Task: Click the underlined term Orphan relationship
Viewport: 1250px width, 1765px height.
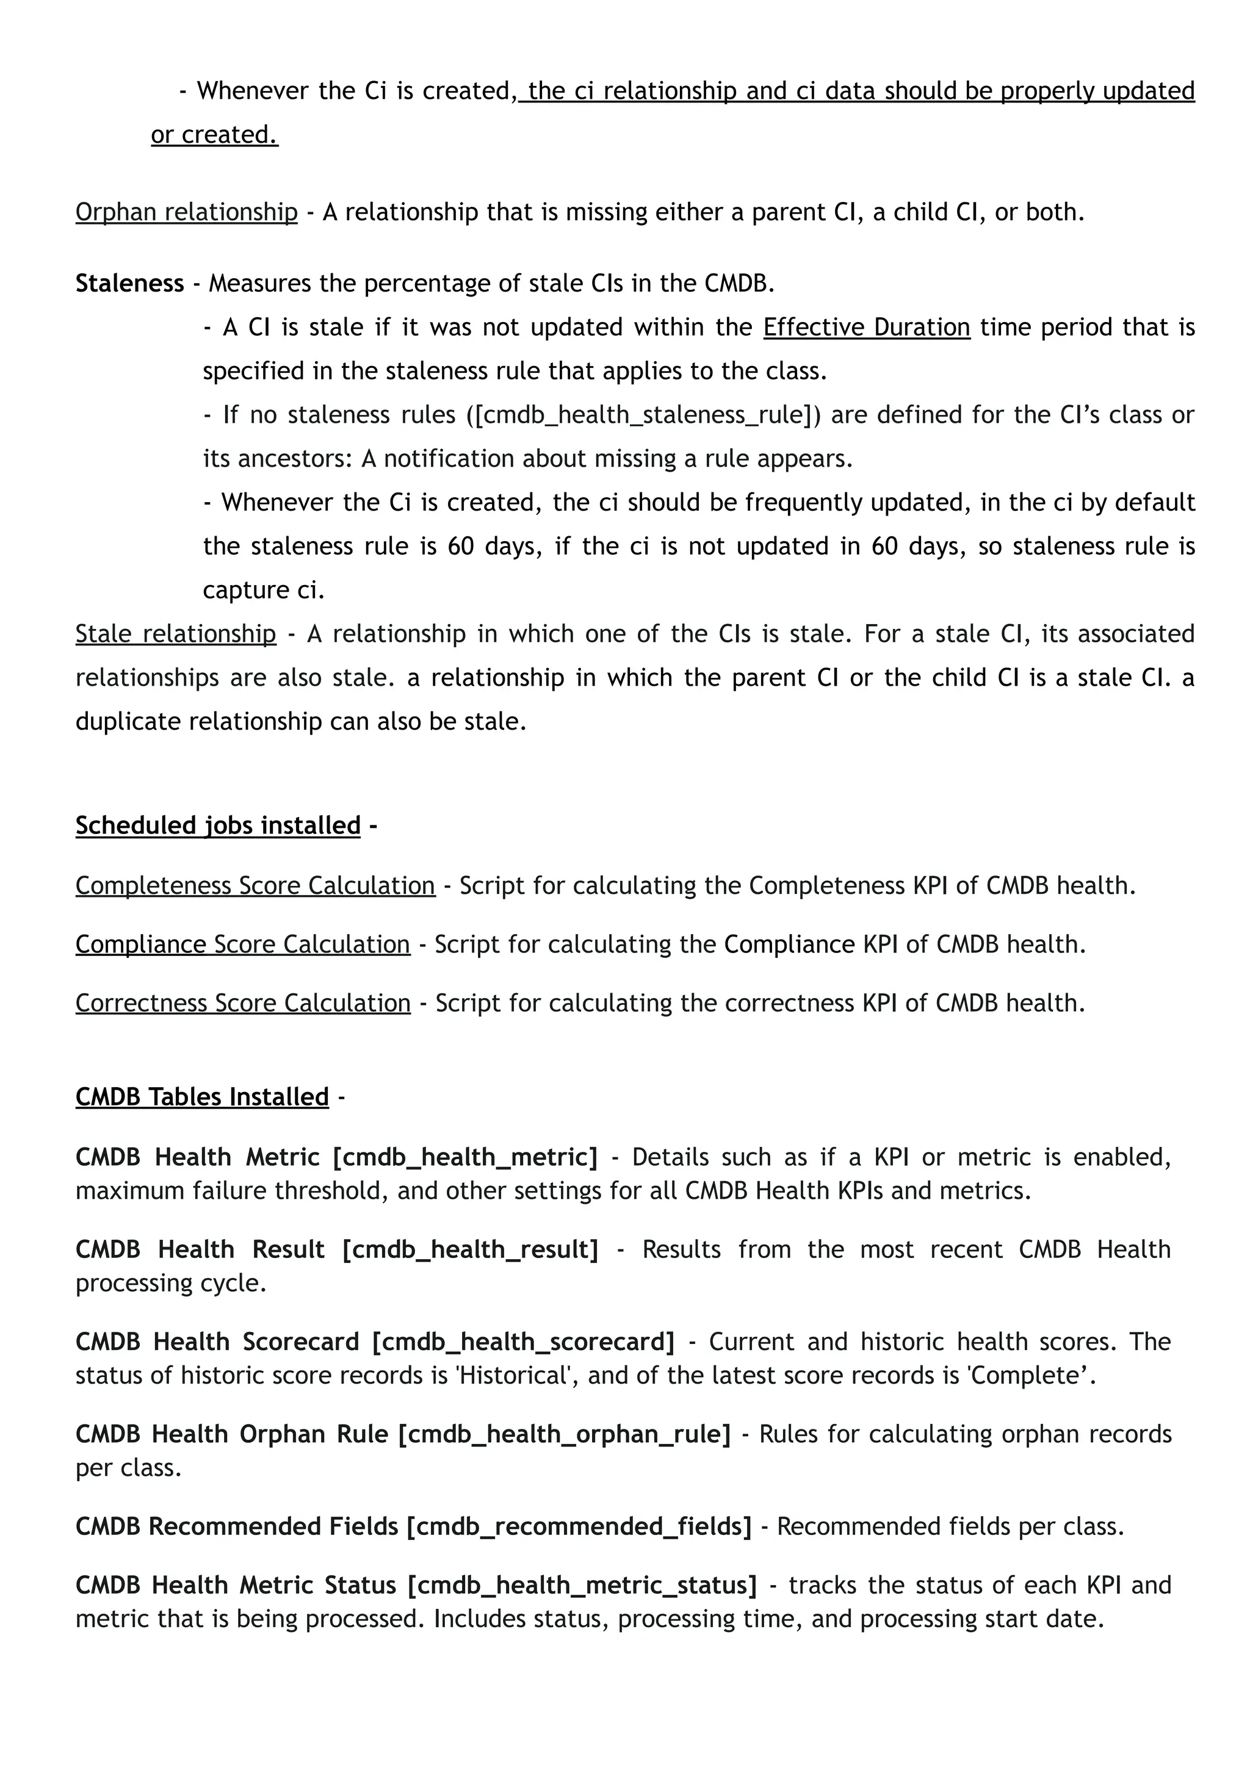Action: [186, 212]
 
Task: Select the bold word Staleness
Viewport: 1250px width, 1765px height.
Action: [129, 284]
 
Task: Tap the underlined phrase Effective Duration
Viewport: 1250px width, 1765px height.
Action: [866, 328]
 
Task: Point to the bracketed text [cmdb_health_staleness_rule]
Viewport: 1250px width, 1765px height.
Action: [643, 415]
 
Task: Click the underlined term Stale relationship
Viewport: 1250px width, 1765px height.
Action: [176, 634]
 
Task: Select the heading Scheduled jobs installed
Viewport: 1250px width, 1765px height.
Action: [218, 825]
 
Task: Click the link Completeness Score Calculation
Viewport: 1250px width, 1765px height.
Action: [255, 886]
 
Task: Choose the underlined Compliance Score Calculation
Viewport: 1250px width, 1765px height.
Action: [242, 944]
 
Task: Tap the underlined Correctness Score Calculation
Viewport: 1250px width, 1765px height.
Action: [242, 1003]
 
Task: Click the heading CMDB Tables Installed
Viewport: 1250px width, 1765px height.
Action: [201, 1096]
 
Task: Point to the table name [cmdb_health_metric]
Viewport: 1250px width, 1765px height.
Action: [465, 1157]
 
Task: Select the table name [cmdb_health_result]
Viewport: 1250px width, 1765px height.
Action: [469, 1249]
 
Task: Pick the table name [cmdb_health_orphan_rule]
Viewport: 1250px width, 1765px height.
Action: [564, 1434]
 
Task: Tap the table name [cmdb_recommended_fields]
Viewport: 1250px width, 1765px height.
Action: [578, 1526]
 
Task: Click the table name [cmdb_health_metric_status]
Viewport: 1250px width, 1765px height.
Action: [582, 1586]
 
